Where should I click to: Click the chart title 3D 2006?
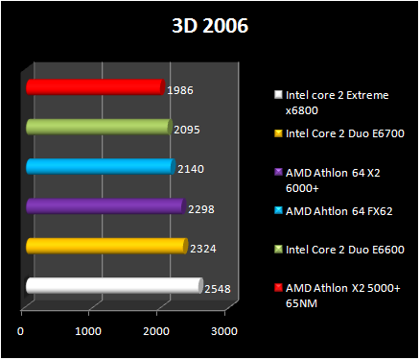click(x=209, y=26)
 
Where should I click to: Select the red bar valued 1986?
click(x=95, y=87)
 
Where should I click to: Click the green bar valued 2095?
click(x=99, y=127)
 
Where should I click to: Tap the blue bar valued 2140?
click(x=101, y=167)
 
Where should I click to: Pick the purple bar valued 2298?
click(x=105, y=206)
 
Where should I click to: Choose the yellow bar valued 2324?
click(x=106, y=247)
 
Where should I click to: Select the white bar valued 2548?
click(x=114, y=285)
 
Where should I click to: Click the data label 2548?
click(x=218, y=288)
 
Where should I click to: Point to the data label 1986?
click(x=180, y=89)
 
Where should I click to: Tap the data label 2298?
click(x=200, y=208)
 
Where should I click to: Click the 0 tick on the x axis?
click(x=21, y=331)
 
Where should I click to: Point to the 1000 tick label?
click(x=88, y=331)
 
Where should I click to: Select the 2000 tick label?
click(x=156, y=331)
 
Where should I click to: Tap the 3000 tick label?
click(x=223, y=331)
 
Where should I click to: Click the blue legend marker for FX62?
click(x=278, y=210)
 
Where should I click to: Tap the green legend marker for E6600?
click(x=278, y=249)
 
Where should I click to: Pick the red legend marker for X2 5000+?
click(x=278, y=287)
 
